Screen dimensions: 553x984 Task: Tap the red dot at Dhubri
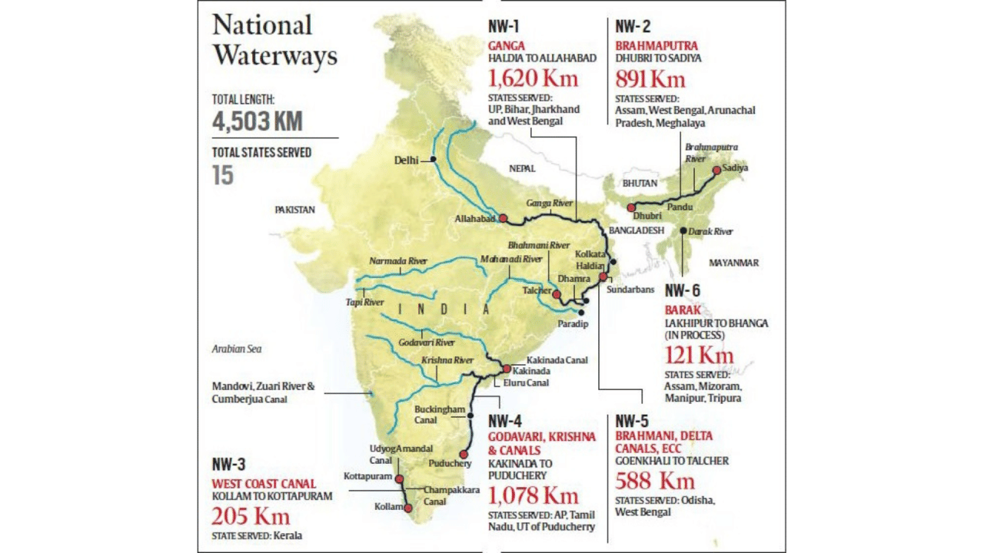pyautogui.click(x=631, y=207)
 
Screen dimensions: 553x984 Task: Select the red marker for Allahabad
pyautogui.click(x=503, y=218)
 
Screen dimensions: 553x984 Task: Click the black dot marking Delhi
pyautogui.click(x=434, y=159)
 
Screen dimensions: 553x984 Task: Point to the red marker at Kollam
pyautogui.click(x=408, y=508)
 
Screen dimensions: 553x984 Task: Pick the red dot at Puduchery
pyautogui.click(x=463, y=454)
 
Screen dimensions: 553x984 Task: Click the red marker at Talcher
pyautogui.click(x=556, y=293)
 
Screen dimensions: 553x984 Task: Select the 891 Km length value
pyautogui.click(x=650, y=78)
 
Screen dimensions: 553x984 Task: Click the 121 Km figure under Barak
pyautogui.click(x=699, y=355)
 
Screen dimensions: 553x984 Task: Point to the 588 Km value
pyautogui.click(x=655, y=481)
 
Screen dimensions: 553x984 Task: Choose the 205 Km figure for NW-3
pyautogui.click(x=251, y=515)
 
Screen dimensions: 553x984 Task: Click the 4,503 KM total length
pyautogui.click(x=258, y=121)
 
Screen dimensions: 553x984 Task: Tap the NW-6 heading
pyautogui.click(x=683, y=290)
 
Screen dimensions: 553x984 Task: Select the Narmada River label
pyautogui.click(x=398, y=261)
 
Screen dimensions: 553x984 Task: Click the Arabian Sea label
pyautogui.click(x=237, y=349)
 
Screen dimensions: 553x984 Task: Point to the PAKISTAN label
pyautogui.click(x=295, y=209)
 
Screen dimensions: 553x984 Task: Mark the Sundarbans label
pyautogui.click(x=630, y=290)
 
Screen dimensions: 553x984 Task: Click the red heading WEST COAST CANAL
pyautogui.click(x=264, y=483)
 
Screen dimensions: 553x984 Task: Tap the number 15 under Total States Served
pyautogui.click(x=223, y=175)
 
